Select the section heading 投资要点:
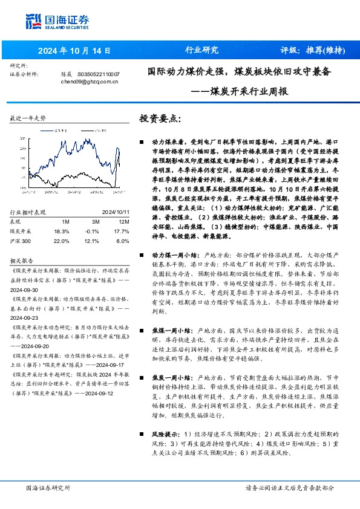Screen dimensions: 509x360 (160, 118)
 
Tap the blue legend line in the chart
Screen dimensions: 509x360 (48, 129)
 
